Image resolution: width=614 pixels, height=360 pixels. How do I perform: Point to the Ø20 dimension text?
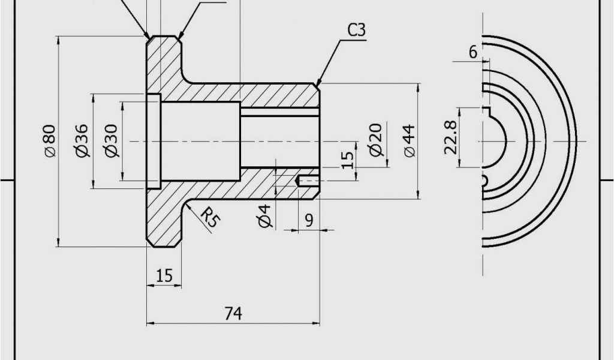pyautogui.click(x=375, y=140)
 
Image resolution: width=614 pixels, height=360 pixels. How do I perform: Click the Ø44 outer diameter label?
pyautogui.click(x=410, y=141)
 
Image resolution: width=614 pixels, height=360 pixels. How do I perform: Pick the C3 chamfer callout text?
pyautogui.click(x=356, y=30)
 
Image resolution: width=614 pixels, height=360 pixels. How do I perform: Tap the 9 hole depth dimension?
pyautogui.click(x=309, y=220)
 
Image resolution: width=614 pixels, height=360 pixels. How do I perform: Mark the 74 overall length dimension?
pyautogui.click(x=233, y=313)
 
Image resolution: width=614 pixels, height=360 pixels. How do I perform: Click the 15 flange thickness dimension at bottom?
pyautogui.click(x=164, y=275)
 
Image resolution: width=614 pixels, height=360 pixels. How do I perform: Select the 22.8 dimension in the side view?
pyautogui.click(x=451, y=137)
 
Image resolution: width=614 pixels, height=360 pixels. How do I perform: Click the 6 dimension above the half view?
pyautogui.click(x=473, y=52)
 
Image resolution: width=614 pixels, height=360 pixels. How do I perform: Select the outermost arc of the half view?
pyautogui.click(x=575, y=141)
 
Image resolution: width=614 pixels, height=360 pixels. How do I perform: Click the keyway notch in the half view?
pyautogui.click(x=487, y=111)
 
